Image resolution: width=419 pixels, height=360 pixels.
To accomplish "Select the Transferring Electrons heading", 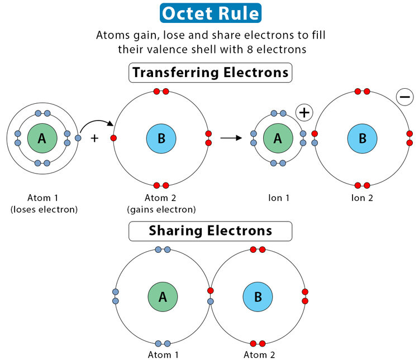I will click(210, 73).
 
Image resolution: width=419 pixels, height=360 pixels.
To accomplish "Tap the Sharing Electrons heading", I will click(210, 231).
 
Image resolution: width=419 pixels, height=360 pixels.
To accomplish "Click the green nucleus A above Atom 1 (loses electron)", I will click(42, 138).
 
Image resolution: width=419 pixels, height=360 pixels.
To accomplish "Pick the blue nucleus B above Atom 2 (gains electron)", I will click(161, 138).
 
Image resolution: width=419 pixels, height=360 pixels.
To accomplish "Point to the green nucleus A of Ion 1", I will click(278, 138).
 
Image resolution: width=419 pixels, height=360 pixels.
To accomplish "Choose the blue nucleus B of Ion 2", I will click(363, 138).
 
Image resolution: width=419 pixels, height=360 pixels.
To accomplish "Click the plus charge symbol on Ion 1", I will click(304, 112).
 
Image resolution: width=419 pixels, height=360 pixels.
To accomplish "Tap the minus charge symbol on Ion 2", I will click(404, 97).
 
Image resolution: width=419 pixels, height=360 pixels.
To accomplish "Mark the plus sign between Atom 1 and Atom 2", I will click(94, 138).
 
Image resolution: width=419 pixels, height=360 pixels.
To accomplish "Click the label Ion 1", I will click(278, 198).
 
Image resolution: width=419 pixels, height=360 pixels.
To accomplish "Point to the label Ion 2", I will click(362, 198).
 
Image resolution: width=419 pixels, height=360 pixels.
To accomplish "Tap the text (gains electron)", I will click(161, 210).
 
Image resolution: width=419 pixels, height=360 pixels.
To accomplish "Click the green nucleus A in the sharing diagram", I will click(163, 296).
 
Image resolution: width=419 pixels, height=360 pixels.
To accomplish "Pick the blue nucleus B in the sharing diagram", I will click(258, 296).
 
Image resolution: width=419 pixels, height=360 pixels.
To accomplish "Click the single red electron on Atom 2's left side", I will click(114, 138).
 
